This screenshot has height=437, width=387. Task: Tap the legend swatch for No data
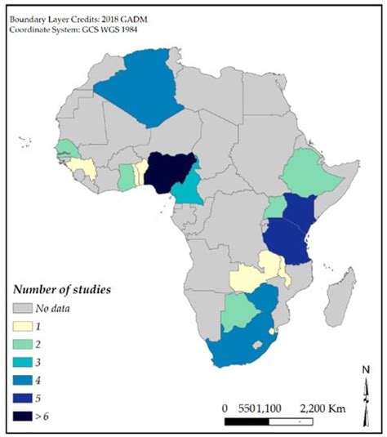tap(27, 309)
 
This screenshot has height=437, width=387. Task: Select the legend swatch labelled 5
tap(27, 399)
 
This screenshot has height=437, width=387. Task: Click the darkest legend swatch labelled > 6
tap(27, 417)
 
